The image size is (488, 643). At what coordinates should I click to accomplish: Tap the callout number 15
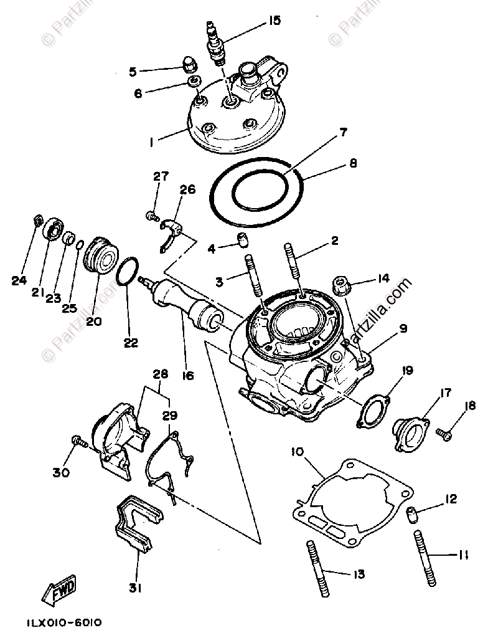[x=274, y=21]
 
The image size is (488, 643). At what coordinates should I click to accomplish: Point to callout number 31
[x=136, y=588]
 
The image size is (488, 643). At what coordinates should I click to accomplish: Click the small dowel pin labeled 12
[x=411, y=514]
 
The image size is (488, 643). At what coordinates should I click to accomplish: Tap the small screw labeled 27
[x=150, y=216]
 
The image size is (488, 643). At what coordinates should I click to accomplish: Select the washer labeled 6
[x=194, y=82]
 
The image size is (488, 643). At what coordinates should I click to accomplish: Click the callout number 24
[x=19, y=280]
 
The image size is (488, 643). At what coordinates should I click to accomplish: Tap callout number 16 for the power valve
[x=187, y=375]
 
